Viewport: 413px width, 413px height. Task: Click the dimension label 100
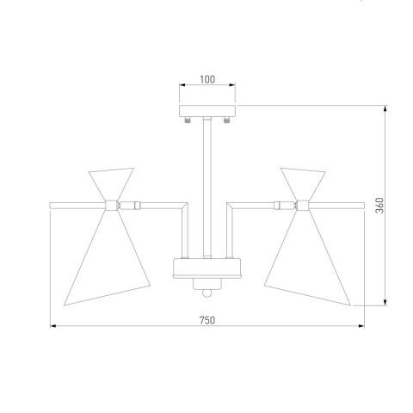point(207,79)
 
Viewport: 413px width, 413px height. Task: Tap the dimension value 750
point(207,320)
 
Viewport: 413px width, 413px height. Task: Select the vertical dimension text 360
point(379,206)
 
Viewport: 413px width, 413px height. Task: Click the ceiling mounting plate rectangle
point(207,111)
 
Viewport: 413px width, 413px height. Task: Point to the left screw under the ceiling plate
point(188,120)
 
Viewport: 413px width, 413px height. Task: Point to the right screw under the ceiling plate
point(226,120)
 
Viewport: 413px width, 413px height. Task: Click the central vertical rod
point(207,188)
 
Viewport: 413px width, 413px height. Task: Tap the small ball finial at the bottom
point(206,293)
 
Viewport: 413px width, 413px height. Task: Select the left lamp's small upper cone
point(111,182)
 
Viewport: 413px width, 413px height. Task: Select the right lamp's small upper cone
point(303,182)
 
